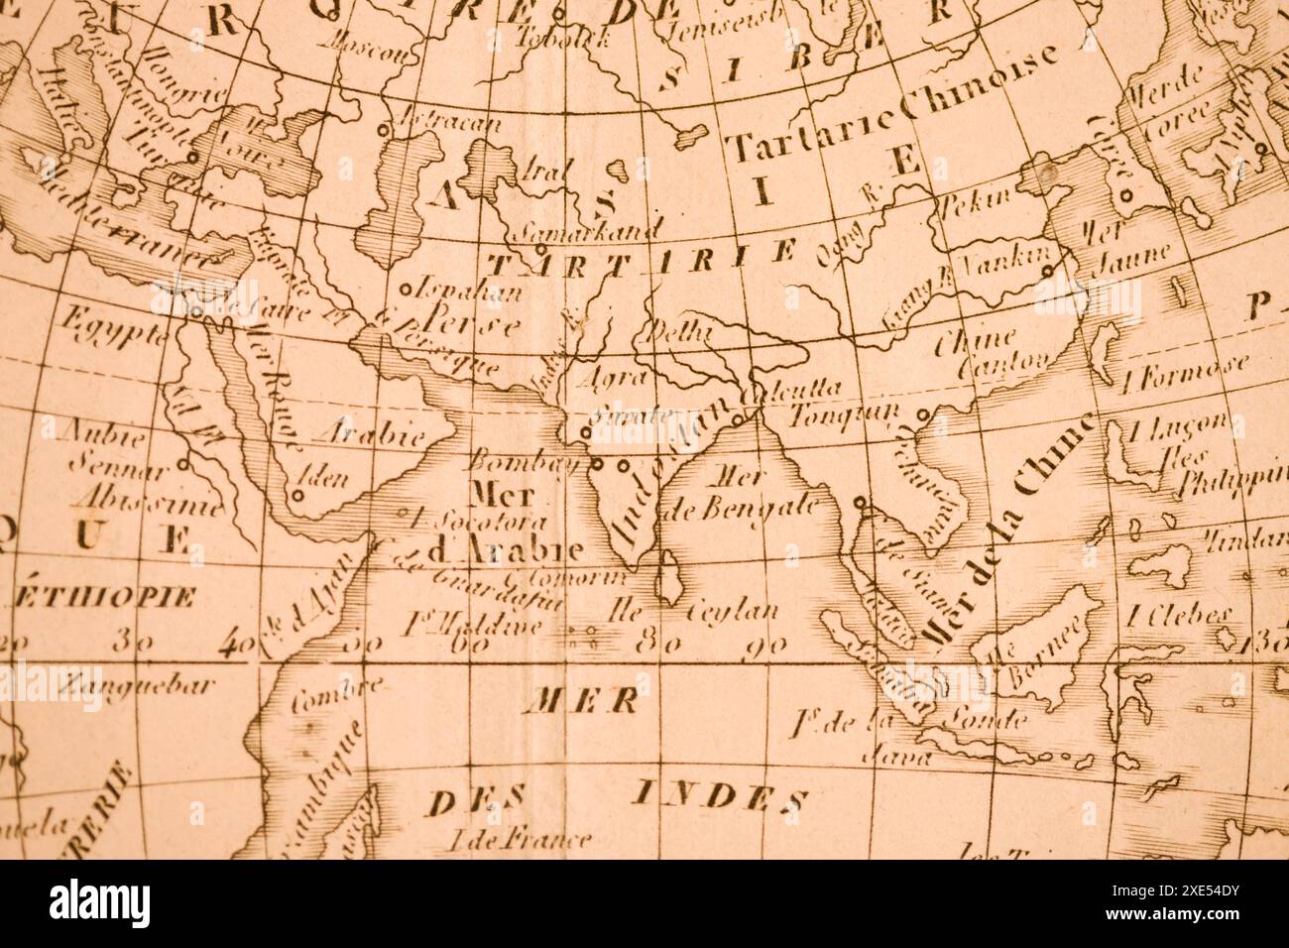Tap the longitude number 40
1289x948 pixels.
236,646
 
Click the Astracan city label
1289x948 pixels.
446,124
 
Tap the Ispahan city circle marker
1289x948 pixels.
405,291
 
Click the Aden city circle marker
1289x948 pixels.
297,492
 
